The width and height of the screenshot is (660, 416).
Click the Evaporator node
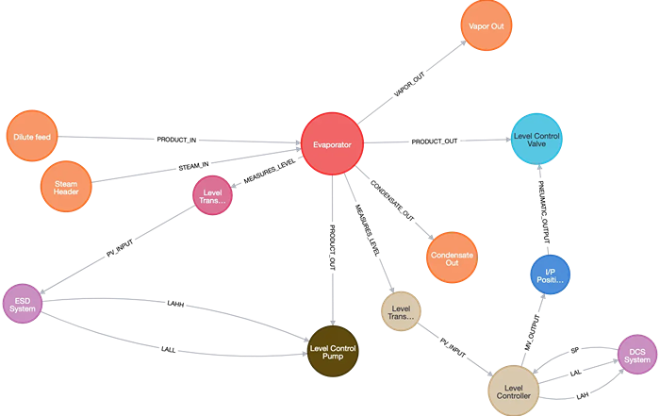tap(332, 144)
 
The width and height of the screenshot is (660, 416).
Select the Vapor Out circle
tap(487, 26)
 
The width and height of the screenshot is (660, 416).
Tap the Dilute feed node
tap(33, 137)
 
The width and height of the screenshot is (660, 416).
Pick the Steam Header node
tap(66, 186)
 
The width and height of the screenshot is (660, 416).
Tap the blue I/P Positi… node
tap(551, 274)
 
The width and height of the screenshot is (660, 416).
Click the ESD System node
tap(22, 302)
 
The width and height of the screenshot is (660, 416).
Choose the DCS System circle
tap(637, 355)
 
